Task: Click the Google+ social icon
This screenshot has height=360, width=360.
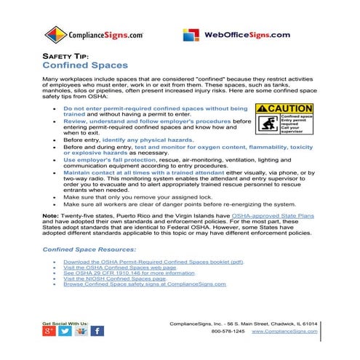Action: [49, 331]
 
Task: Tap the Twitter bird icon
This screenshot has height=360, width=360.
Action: [65, 331]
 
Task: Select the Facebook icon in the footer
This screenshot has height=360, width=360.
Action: [96, 331]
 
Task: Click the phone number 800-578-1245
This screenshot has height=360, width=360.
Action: [227, 332]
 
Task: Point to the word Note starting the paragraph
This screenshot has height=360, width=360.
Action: [50, 216]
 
